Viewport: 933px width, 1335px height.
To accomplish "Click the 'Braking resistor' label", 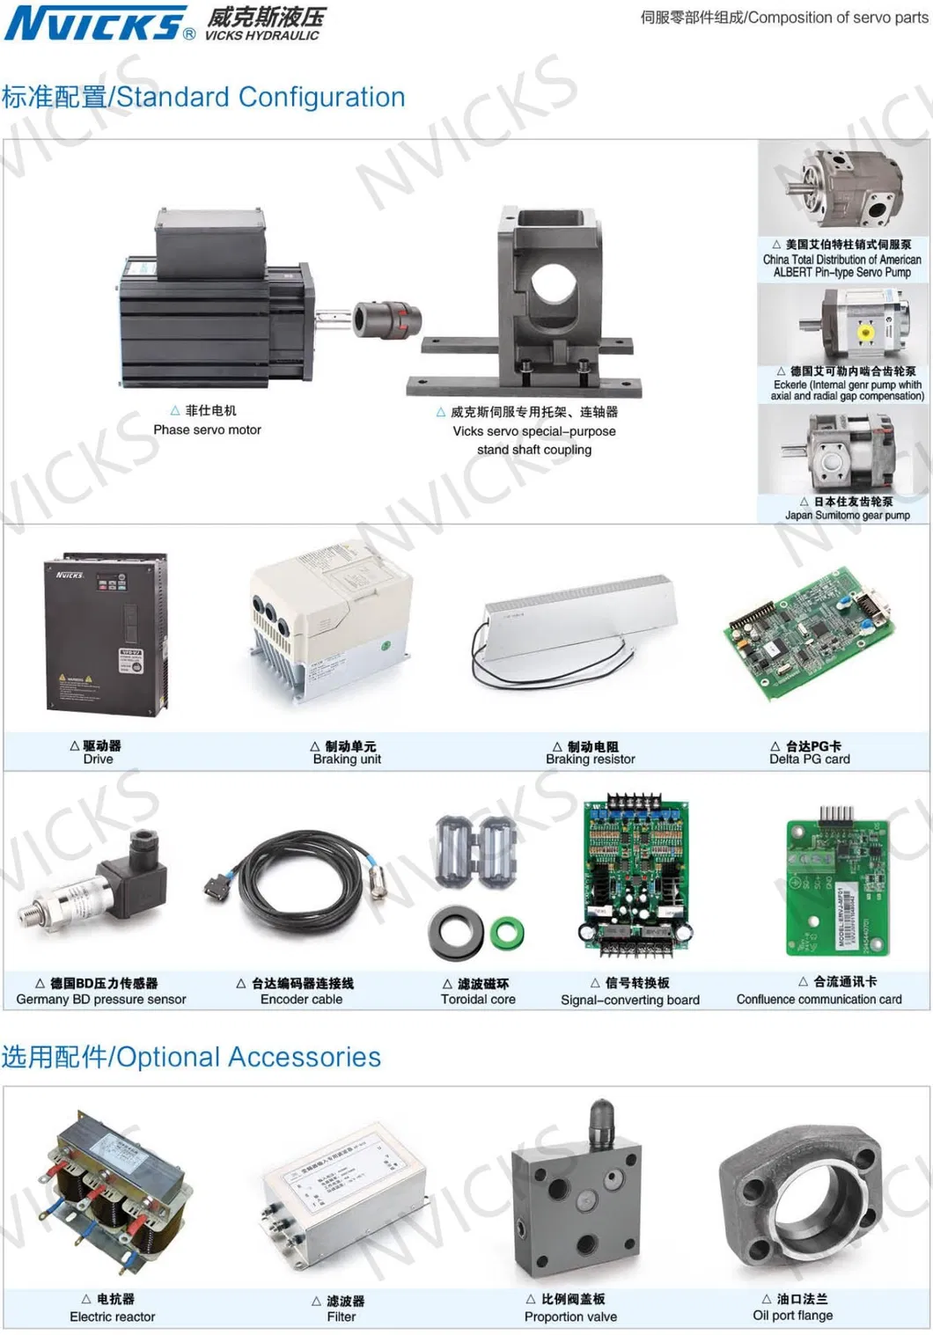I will (590, 759).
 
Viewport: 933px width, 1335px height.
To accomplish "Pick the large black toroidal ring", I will (456, 934).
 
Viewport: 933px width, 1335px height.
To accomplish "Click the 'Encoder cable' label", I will (301, 999).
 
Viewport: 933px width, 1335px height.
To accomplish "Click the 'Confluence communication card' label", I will (819, 999).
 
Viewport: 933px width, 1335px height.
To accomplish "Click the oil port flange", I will (798, 1202).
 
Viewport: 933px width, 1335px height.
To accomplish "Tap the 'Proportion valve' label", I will (570, 1317).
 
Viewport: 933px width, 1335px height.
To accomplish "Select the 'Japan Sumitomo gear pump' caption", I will (847, 515).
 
